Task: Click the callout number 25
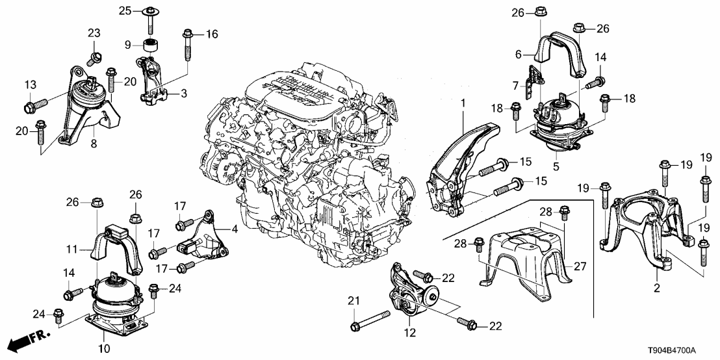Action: point(125,10)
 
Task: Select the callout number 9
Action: point(128,44)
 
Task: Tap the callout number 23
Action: point(94,34)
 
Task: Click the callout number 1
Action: point(463,103)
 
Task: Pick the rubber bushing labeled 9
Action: point(152,45)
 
